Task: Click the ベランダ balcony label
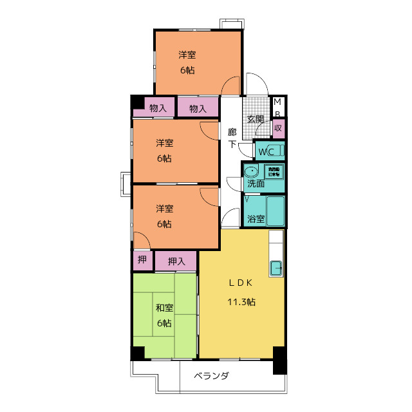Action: (211, 376)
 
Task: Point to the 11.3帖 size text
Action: (241, 302)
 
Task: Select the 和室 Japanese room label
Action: (164, 308)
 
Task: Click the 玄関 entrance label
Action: (255, 119)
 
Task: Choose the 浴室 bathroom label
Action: (256, 219)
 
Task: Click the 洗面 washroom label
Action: (256, 183)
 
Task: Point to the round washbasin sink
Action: (252, 171)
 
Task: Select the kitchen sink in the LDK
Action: (277, 267)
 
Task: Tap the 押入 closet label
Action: (176, 261)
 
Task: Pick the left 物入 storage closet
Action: (158, 108)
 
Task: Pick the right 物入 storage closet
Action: (198, 108)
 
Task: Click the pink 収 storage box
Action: (278, 127)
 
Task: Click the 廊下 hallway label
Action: (232, 138)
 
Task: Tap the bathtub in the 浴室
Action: (276, 211)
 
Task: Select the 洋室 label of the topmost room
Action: (187, 55)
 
